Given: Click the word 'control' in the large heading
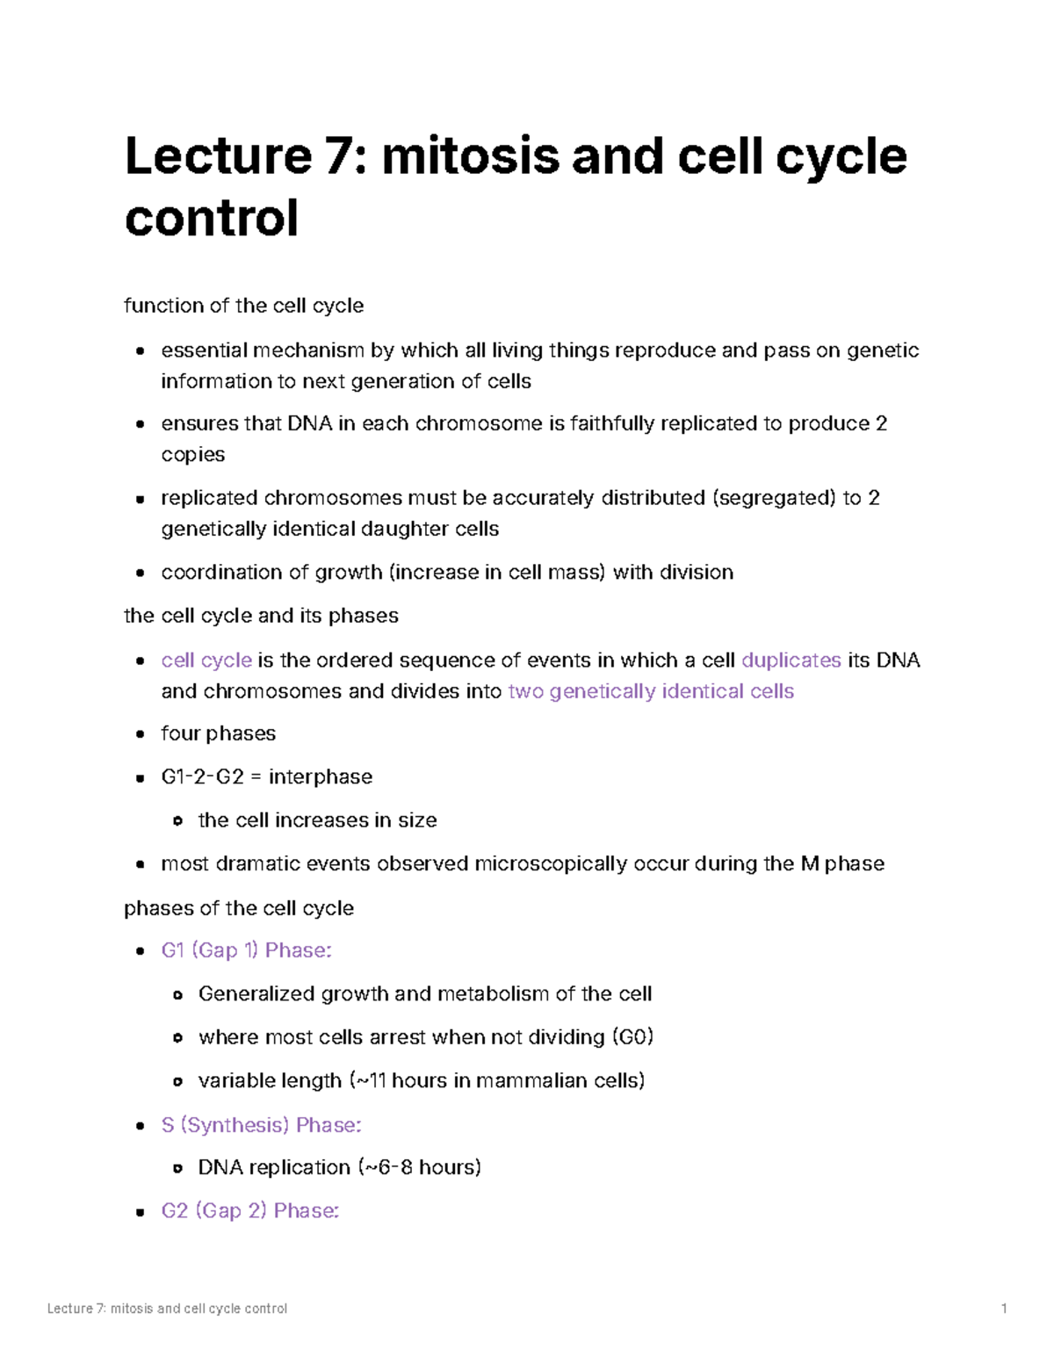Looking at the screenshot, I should click(212, 218).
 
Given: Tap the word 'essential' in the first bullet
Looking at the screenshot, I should click(204, 350).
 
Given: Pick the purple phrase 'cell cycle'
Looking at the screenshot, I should click(206, 660).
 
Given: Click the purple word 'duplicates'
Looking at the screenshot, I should click(791, 660).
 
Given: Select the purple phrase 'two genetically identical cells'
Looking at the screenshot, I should click(651, 691).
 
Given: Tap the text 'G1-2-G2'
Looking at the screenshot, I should click(202, 777).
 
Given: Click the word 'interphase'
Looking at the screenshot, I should click(321, 777).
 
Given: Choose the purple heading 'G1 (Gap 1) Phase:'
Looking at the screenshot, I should click(247, 950).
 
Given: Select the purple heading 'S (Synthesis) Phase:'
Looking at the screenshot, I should click(262, 1125).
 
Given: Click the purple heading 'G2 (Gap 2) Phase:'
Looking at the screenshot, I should click(250, 1211).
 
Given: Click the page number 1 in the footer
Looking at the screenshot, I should click(1004, 1309).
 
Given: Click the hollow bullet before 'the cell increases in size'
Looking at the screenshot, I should click(177, 821).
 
